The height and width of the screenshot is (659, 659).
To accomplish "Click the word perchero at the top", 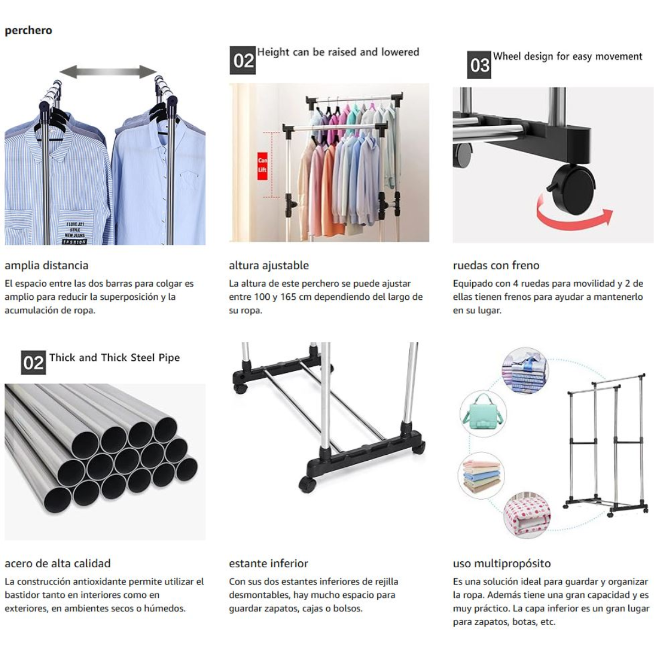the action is coord(29,31).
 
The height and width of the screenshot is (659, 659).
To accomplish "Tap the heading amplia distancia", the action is coord(47,265).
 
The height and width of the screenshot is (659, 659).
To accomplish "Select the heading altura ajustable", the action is coord(269,266).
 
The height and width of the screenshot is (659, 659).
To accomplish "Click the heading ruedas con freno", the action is coord(496,265).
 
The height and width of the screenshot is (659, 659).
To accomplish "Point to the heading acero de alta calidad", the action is coord(58,563).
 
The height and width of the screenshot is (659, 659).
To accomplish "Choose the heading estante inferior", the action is coord(269,563).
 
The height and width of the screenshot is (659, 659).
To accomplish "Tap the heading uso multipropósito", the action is coord(502,564).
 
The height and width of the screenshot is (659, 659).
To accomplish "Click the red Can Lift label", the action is coord(263,166).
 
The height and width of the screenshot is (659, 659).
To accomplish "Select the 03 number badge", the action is coord(479,65).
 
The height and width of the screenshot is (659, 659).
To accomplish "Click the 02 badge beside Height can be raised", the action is coord(243,60).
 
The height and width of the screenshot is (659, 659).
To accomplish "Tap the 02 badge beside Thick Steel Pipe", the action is coord(33,362).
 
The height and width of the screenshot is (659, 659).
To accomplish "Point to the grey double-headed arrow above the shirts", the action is coord(108,72).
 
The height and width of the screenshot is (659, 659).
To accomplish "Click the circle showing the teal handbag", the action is coord(483,414).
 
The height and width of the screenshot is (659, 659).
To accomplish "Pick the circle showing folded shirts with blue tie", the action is coord(526,371).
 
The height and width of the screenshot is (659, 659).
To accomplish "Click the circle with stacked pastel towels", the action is coord(481,476).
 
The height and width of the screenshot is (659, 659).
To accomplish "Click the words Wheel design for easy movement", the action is coord(568,57).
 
